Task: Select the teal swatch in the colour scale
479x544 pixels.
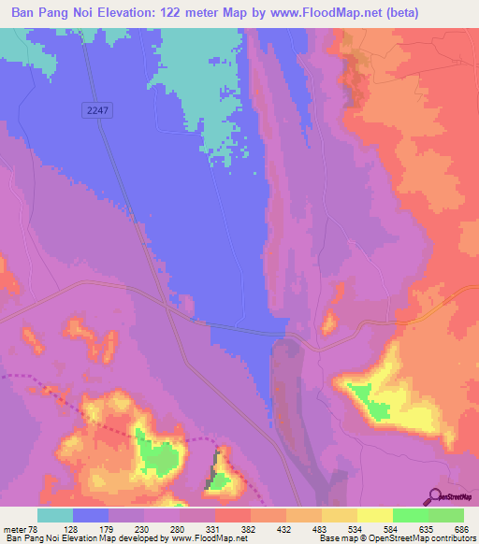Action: click(55, 515)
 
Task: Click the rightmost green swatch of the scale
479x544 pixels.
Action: click(446, 515)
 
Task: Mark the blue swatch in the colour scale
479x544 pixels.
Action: click(91, 515)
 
